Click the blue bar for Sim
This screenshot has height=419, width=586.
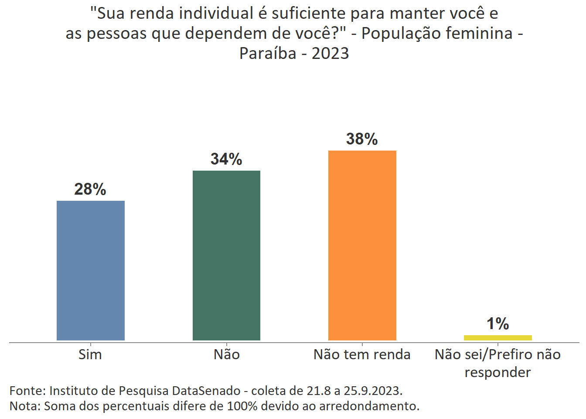tap(91, 271)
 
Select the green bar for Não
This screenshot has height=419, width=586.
tap(226, 255)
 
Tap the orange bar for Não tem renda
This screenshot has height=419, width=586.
tap(362, 245)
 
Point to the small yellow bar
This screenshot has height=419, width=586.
tap(497, 337)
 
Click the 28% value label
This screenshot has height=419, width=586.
tap(90, 189)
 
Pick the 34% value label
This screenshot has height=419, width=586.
tap(226, 159)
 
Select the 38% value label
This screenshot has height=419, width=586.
tap(362, 139)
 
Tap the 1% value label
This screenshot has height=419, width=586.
tap(497, 324)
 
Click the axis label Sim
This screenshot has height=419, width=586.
tap(90, 354)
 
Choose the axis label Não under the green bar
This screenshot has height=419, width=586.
tap(226, 354)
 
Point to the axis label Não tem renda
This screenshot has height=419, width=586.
tap(362, 354)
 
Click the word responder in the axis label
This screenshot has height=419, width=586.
tap(497, 372)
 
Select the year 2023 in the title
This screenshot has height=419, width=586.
tap(330, 53)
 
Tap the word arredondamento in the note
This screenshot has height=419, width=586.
tap(369, 406)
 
